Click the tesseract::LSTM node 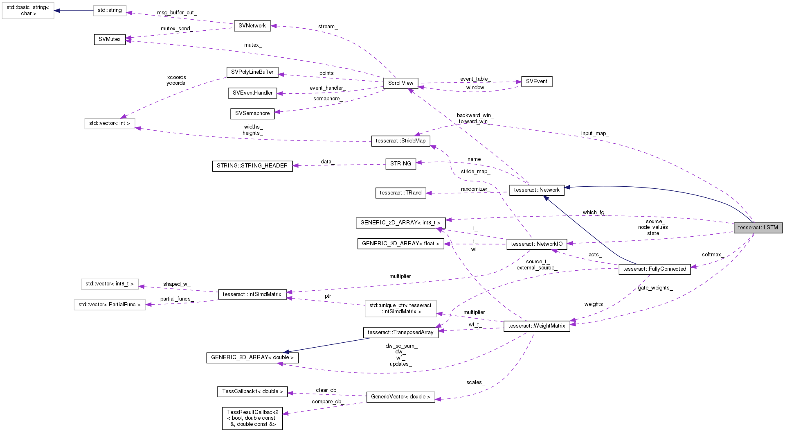(758, 228)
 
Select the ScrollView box (400, 83)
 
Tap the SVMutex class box (110, 39)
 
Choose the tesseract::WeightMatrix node (536, 326)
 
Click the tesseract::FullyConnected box (654, 269)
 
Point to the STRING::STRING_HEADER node (252, 166)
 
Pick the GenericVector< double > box (400, 397)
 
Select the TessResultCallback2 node (252, 418)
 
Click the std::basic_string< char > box (28, 10)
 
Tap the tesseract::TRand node (400, 193)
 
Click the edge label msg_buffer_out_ (177, 13)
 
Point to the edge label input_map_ (594, 133)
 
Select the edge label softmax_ (713, 255)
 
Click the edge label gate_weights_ (655, 288)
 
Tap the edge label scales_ (475, 382)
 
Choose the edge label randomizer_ (474, 189)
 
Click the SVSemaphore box (252, 113)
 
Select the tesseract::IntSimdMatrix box (252, 294)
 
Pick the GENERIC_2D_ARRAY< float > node (400, 244)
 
